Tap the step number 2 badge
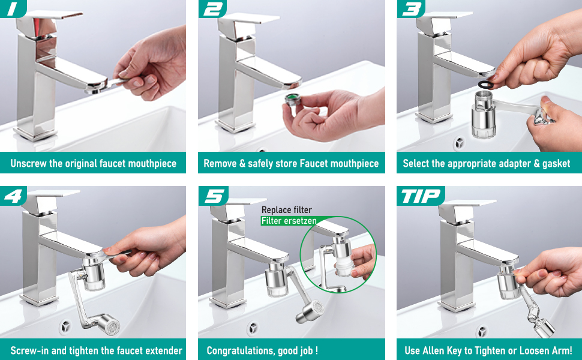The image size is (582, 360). (212, 8)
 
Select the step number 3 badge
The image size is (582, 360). (410, 8)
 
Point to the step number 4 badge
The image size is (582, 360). (13, 196)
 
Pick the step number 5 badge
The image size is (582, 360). (212, 196)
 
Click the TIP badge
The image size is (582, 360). (420, 196)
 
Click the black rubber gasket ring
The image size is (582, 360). (486, 85)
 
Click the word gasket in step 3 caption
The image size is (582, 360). (556, 164)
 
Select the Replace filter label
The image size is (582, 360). (287, 209)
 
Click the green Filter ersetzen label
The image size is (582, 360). (289, 221)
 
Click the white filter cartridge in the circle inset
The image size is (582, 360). (344, 267)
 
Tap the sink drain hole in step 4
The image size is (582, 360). (65, 326)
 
